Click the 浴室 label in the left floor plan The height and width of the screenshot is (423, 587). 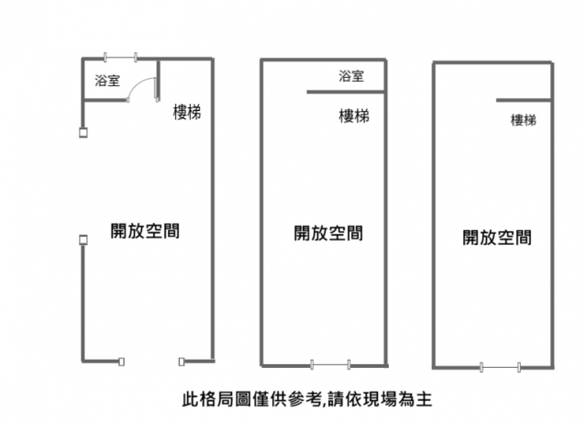[107, 80]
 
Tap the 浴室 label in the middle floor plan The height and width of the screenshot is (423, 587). [351, 76]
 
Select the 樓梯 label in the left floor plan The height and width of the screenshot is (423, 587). [187, 112]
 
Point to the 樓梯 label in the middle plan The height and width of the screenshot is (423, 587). [354, 117]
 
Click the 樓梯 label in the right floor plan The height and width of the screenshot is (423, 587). [524, 120]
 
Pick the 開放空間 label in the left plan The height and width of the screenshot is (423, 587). [145, 231]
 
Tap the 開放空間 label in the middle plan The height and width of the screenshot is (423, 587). [328, 233]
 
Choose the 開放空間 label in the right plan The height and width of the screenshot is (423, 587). [497, 237]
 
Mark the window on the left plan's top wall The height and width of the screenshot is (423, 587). [120, 57]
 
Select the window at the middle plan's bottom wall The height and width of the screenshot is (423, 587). [330, 364]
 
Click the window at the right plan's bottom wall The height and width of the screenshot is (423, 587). [500, 367]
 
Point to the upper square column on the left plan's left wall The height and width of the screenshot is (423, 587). [83, 133]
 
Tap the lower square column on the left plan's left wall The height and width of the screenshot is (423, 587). [83, 239]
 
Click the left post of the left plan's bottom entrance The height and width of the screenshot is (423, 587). [121, 362]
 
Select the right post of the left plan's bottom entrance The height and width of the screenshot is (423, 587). [182, 362]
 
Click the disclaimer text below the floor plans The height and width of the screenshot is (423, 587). [307, 399]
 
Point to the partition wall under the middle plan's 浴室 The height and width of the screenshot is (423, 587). [347, 92]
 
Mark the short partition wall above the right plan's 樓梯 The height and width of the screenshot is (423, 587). [524, 100]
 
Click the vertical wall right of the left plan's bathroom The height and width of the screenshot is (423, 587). [159, 81]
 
